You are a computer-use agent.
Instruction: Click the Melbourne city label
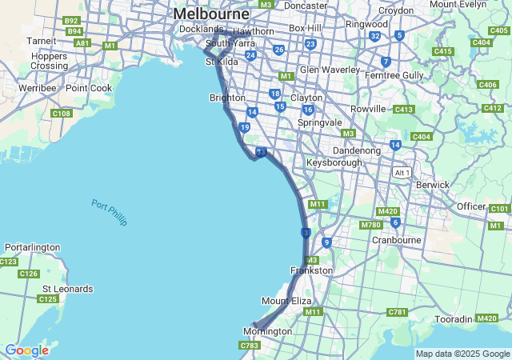point(211,14)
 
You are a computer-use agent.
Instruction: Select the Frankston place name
point(311,270)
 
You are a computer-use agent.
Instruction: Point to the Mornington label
point(267,331)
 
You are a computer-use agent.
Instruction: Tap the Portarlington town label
point(32,247)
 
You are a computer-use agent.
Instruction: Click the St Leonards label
point(67,289)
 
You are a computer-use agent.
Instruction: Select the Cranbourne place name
point(397,239)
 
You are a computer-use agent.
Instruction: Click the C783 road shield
point(249,345)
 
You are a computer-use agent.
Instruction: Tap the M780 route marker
point(370,225)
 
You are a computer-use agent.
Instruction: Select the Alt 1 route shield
point(401,173)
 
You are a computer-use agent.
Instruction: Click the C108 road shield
point(62,114)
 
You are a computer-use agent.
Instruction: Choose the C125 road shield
point(48,299)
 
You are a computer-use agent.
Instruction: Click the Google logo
point(26,350)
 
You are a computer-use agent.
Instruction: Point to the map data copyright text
point(462,354)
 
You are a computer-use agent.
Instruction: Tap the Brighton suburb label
point(226,98)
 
